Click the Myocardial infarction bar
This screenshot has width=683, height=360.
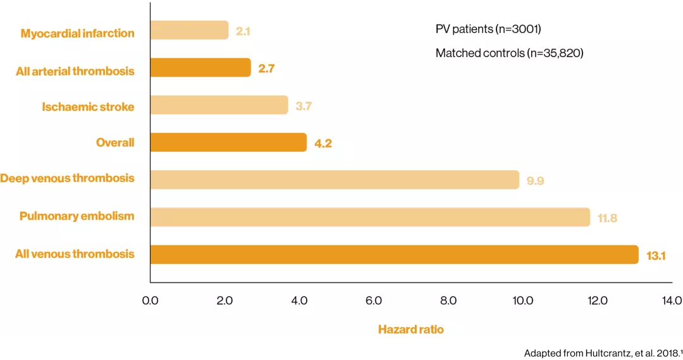point(189,30)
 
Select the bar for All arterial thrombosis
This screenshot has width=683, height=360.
point(200,68)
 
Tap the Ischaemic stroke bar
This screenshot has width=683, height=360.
point(219,105)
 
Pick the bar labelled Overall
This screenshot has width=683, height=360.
point(228,142)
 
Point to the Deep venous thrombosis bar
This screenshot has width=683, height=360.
point(335,180)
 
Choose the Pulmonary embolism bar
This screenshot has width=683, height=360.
point(370,217)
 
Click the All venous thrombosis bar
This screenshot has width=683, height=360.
point(394,254)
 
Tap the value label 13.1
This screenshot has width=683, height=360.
point(656,256)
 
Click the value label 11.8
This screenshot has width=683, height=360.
point(607,218)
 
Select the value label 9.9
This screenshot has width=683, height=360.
point(535,181)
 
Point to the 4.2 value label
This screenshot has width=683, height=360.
point(323,144)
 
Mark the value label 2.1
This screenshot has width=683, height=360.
point(243,31)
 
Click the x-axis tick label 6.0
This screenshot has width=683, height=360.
point(374,301)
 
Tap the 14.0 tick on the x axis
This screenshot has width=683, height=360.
point(672,301)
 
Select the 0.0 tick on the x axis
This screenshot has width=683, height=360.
point(150,301)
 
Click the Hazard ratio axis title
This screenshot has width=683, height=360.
point(410,329)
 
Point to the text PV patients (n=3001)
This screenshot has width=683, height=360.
point(488,29)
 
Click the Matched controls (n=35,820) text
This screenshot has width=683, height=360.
point(509,54)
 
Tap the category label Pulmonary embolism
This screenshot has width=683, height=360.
point(77,216)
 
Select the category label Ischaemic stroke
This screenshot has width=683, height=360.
point(88,107)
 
